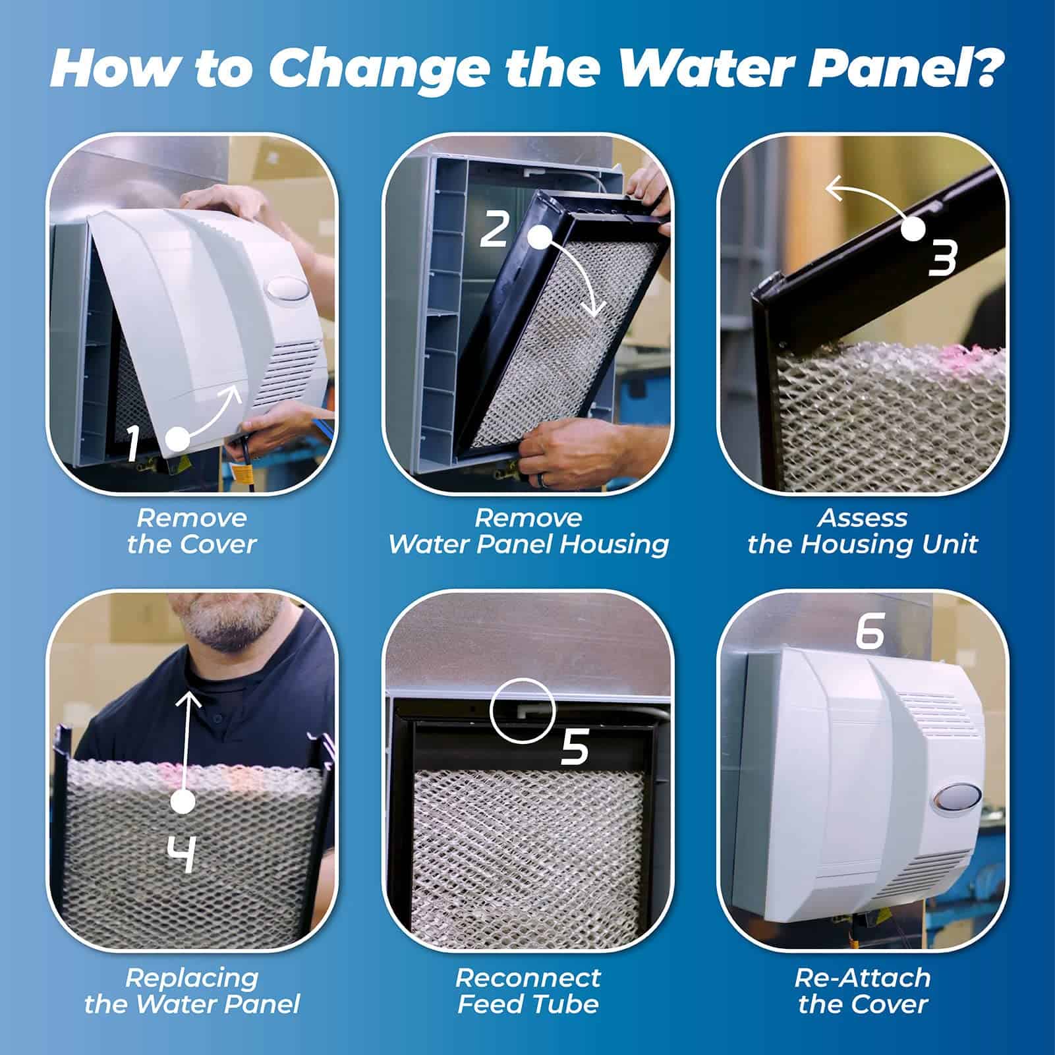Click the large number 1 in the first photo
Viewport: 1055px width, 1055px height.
click(x=133, y=443)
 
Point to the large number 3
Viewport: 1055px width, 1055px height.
click(x=942, y=258)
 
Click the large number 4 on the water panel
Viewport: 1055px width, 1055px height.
click(x=179, y=855)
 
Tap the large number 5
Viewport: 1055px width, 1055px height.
click(x=574, y=747)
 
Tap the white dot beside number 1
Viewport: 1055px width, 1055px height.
click(x=178, y=439)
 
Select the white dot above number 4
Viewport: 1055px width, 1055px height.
click(x=183, y=802)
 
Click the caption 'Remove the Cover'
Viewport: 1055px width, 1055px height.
click(x=192, y=531)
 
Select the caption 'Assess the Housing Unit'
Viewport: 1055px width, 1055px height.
click(x=863, y=531)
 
